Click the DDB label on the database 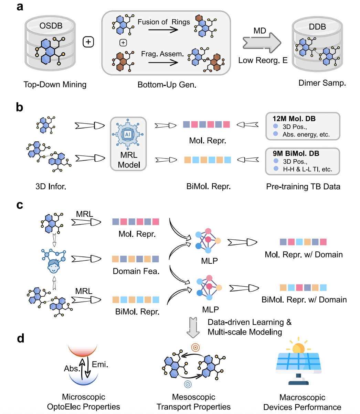click(317, 26)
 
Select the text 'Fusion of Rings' click(163, 22)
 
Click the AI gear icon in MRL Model click(128, 134)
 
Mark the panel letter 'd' click(20, 339)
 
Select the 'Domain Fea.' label click(136, 271)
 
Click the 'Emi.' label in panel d click(100, 364)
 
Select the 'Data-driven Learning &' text click(250, 322)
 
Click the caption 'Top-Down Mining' click(55, 84)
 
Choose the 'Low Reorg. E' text click(263, 61)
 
